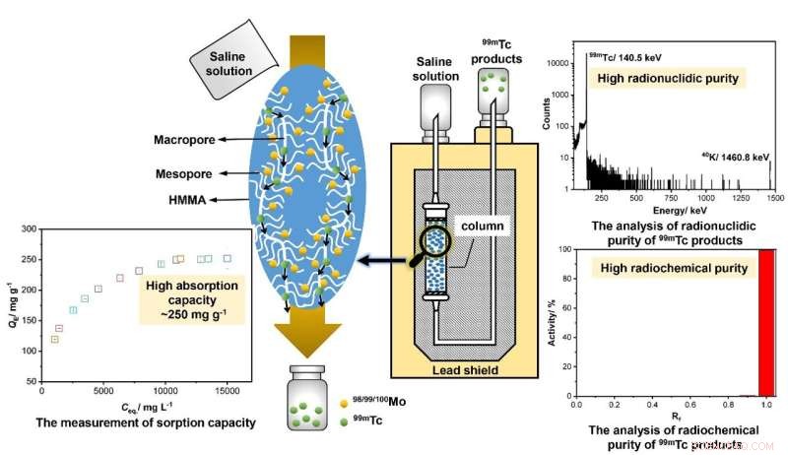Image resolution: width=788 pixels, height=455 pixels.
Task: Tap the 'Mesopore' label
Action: (173, 171)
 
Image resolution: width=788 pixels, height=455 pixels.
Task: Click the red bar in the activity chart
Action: (766, 322)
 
